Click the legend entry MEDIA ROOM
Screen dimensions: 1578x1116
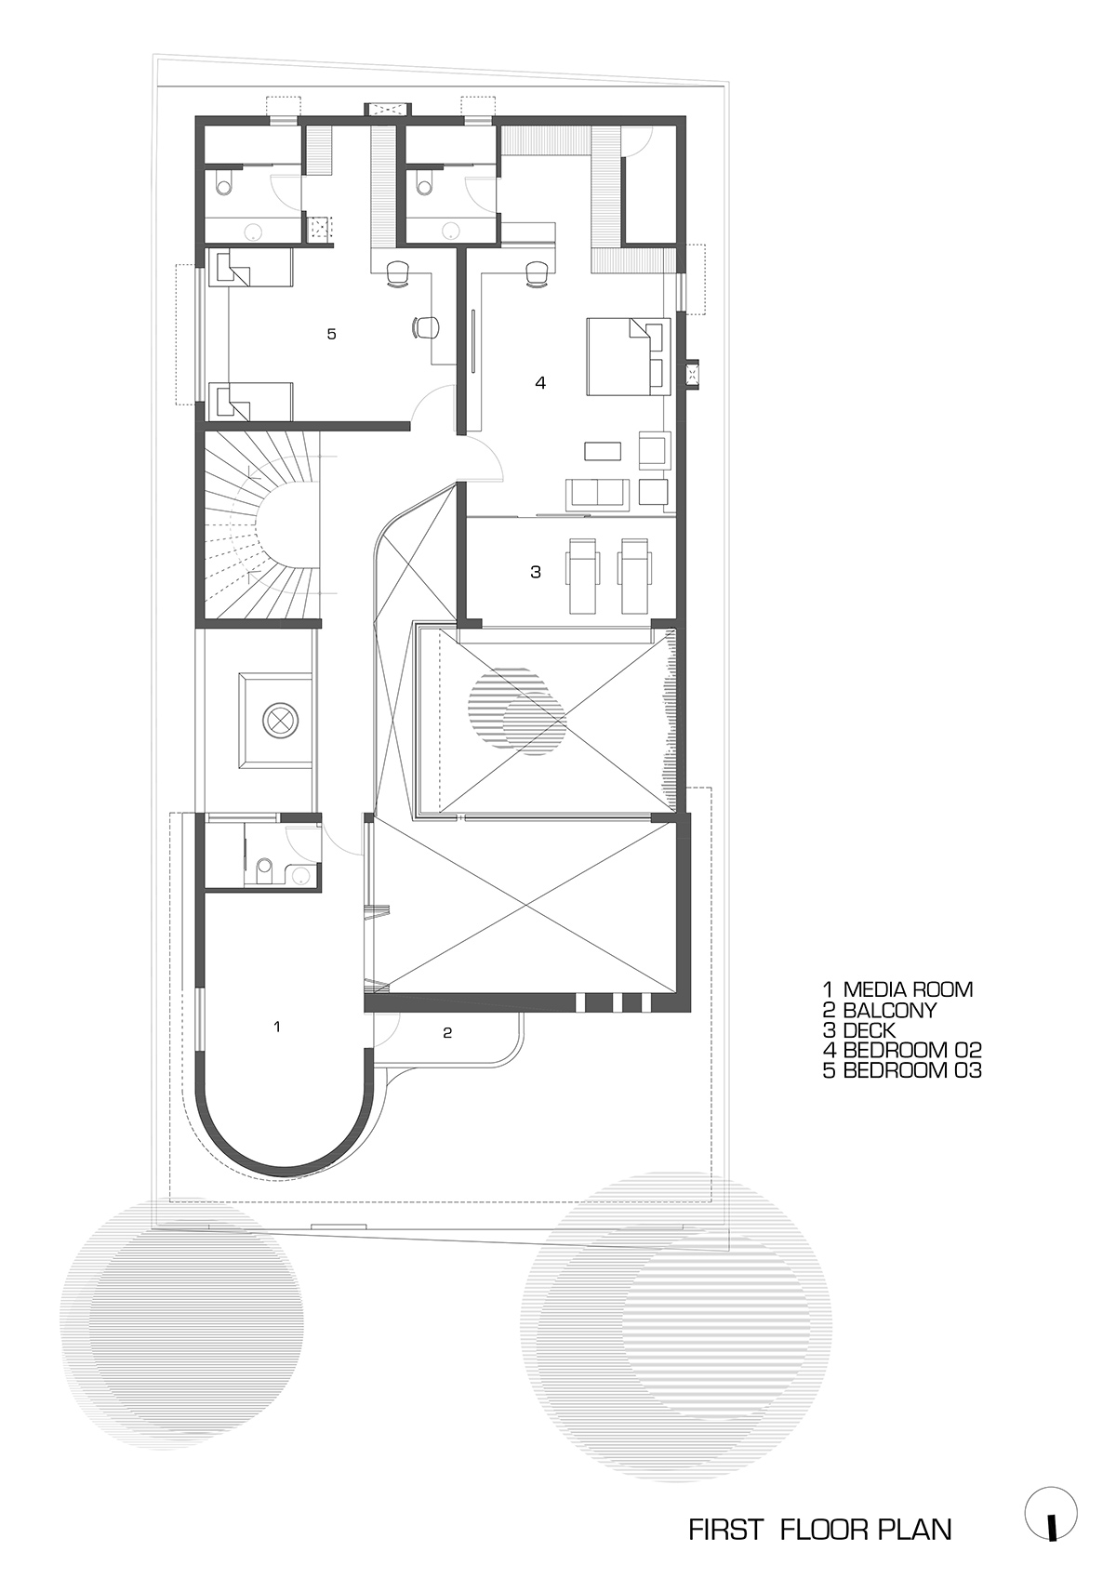(x=897, y=989)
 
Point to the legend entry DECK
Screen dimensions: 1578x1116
(x=859, y=1030)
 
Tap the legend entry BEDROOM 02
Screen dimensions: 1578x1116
(x=901, y=1051)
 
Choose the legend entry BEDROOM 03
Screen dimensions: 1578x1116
(x=901, y=1071)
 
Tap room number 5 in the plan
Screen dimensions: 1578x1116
(x=331, y=334)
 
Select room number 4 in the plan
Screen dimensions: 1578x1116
(x=540, y=382)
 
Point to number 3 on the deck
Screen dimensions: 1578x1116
(x=536, y=572)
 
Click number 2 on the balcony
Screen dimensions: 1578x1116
(x=447, y=1032)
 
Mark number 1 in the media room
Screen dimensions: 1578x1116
(x=277, y=1027)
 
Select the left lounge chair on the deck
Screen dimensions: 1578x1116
(x=583, y=576)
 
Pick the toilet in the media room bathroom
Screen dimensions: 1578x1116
(x=263, y=869)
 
